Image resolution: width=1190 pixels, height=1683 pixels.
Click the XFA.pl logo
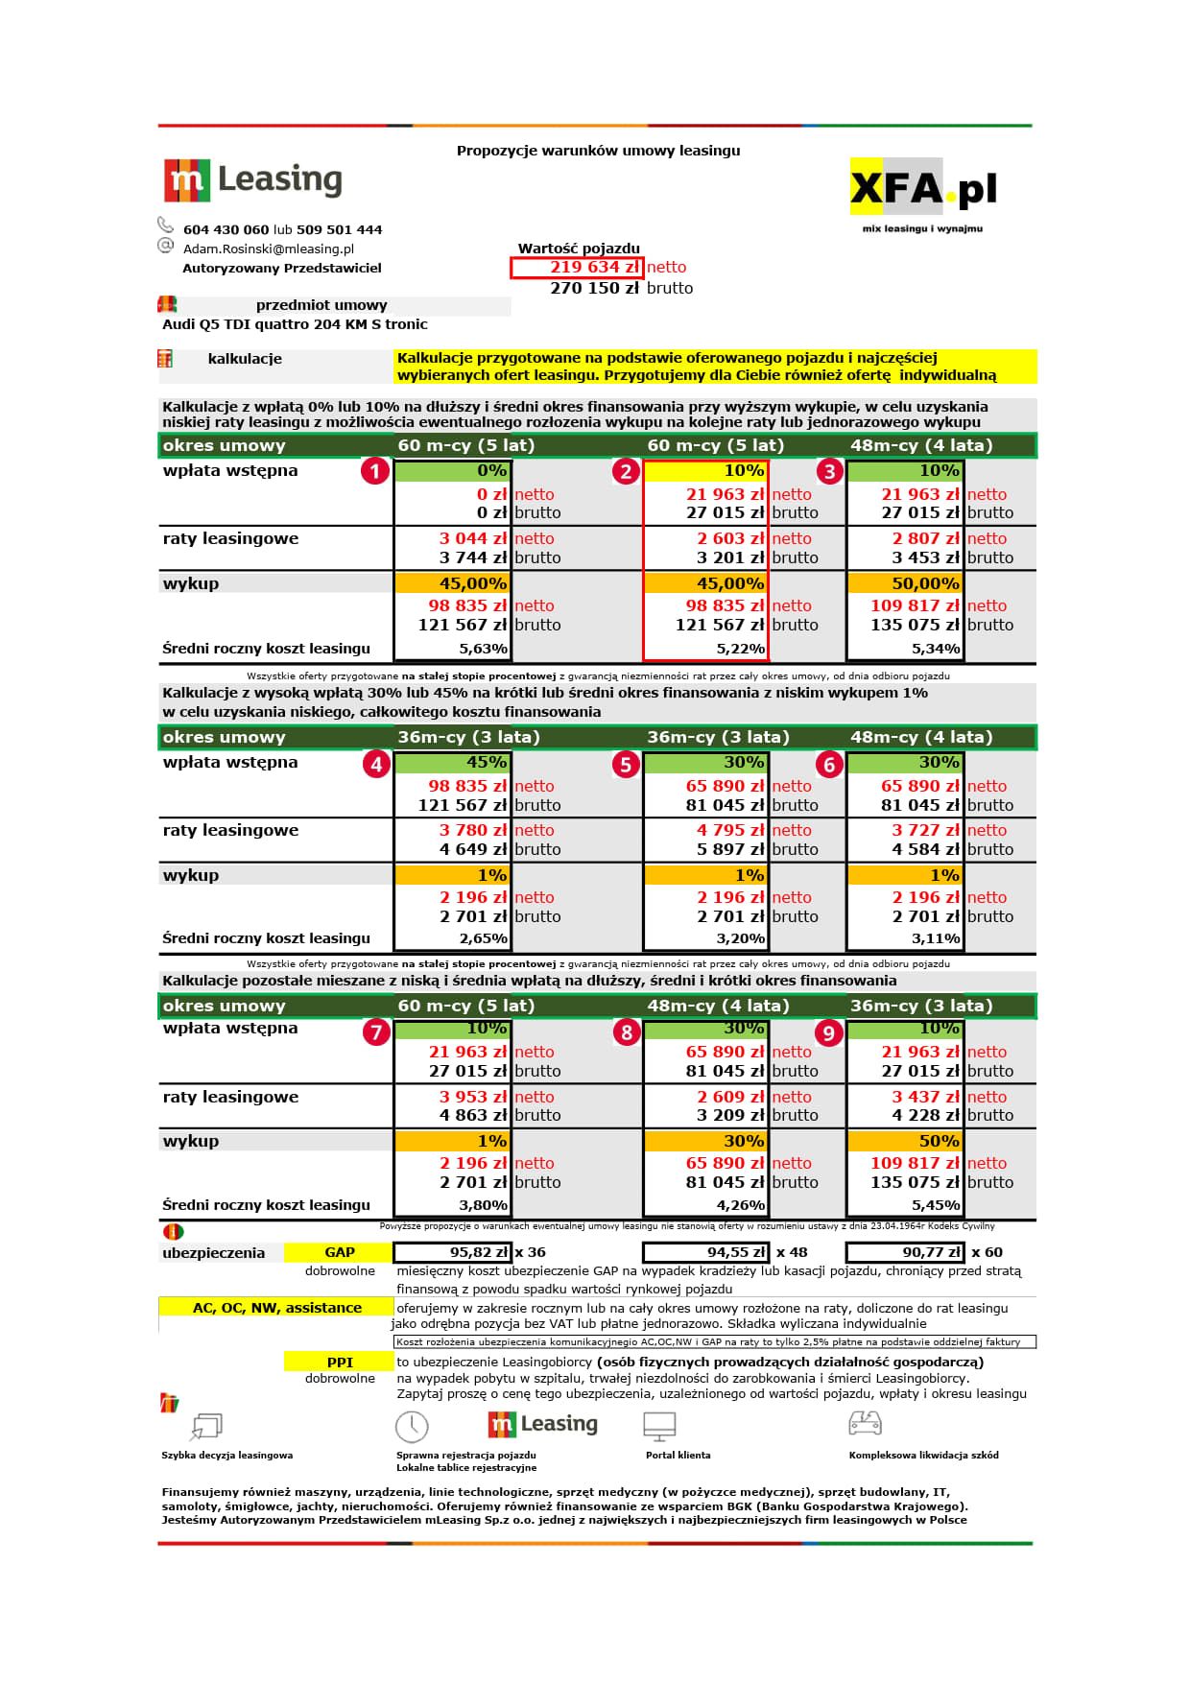click(x=922, y=188)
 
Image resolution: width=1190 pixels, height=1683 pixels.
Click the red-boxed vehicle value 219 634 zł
click(x=577, y=268)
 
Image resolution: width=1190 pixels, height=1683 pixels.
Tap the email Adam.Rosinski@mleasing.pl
click(x=269, y=249)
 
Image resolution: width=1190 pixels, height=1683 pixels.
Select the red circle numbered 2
click(x=626, y=471)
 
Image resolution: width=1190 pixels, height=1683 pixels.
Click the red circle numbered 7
click(x=375, y=1032)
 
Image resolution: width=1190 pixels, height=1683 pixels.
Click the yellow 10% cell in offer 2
click(x=705, y=471)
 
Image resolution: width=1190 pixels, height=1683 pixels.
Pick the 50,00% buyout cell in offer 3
click(x=905, y=583)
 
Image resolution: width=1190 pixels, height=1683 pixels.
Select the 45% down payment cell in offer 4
click(x=452, y=763)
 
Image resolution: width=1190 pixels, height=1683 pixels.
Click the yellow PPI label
click(x=340, y=1363)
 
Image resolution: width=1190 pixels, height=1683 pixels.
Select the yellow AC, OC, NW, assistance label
click(x=276, y=1308)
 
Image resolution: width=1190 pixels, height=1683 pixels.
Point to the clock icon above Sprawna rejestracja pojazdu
click(x=412, y=1426)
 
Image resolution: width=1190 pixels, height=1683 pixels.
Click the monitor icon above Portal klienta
click(x=660, y=1426)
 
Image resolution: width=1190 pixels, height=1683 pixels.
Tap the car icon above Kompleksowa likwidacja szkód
click(x=865, y=1423)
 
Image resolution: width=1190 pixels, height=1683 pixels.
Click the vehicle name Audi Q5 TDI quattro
click(x=295, y=324)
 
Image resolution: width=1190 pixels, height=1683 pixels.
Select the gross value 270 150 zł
click(x=594, y=288)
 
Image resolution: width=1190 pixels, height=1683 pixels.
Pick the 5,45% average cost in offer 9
click(x=936, y=1206)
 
